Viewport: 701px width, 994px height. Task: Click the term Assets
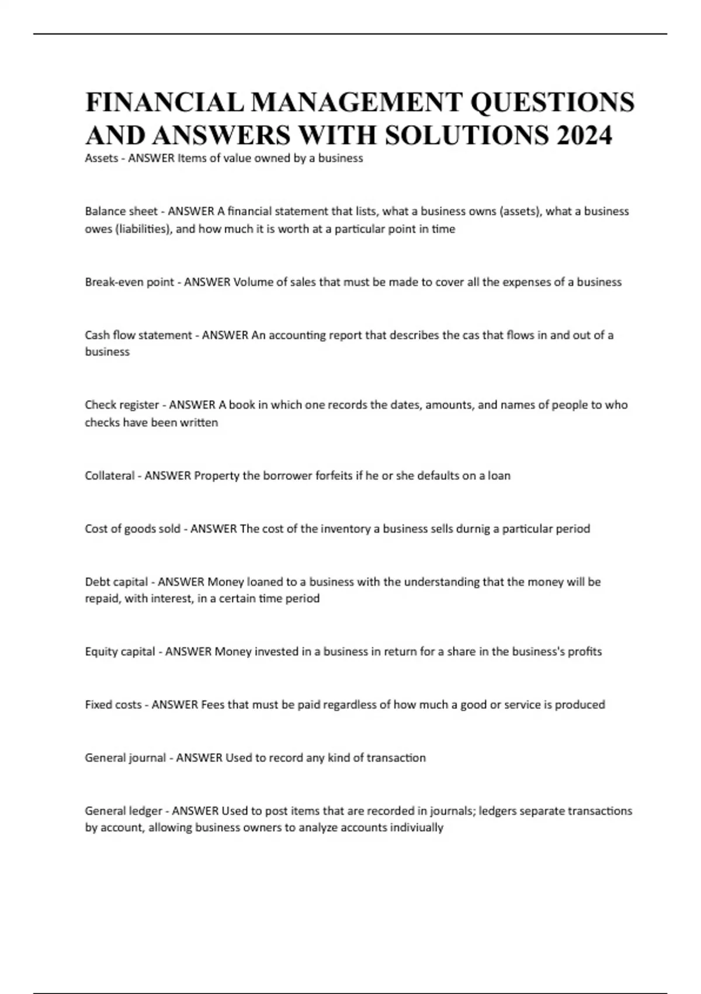click(x=102, y=158)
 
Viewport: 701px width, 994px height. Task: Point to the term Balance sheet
click(x=121, y=211)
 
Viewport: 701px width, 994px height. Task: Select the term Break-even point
click(x=129, y=282)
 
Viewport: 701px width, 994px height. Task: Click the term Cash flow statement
click(x=138, y=335)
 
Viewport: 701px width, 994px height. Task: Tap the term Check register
click(x=122, y=405)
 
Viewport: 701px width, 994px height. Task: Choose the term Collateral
click(x=110, y=475)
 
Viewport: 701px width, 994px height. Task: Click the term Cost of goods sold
click(x=133, y=529)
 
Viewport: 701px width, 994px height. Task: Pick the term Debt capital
click(x=116, y=582)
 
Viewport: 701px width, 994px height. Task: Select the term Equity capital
click(x=120, y=651)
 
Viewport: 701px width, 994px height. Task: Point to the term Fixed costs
click(x=113, y=705)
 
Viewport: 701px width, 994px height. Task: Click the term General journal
click(x=126, y=758)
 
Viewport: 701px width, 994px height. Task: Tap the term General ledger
click(x=123, y=811)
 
